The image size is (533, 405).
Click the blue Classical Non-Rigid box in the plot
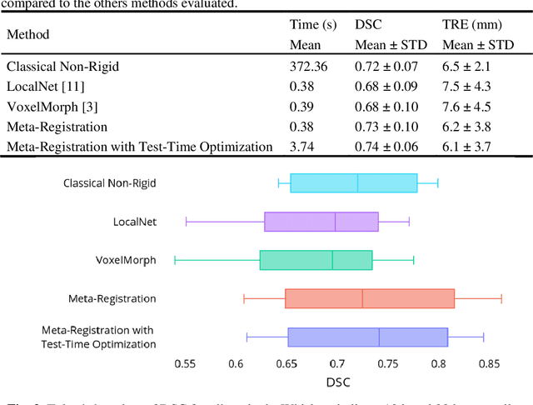coord(353,182)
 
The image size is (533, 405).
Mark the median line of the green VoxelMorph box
coord(332,260)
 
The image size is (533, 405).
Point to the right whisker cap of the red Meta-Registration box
coord(501,298)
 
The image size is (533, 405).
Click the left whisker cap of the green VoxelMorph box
coord(175,260)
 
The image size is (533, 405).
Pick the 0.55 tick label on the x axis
coord(185,363)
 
